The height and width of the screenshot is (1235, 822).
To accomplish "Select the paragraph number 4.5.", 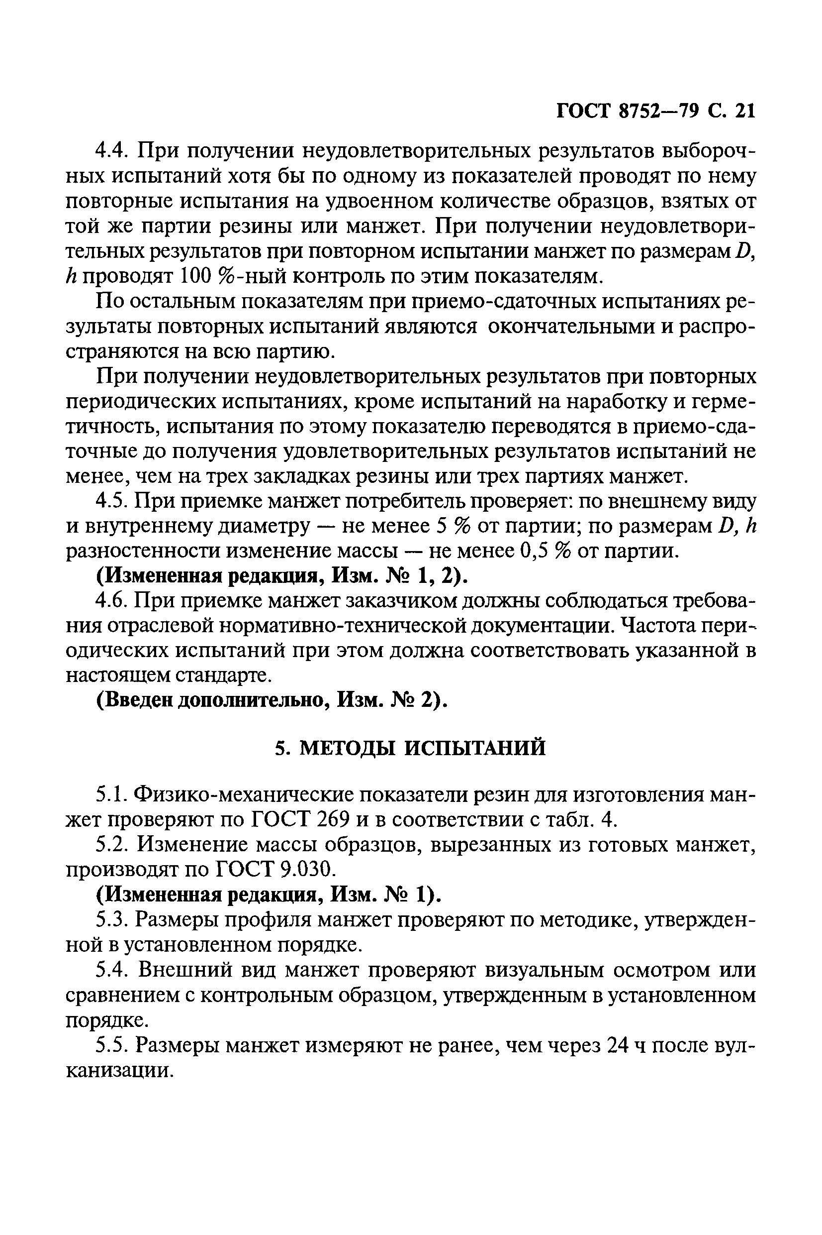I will click(110, 502).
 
